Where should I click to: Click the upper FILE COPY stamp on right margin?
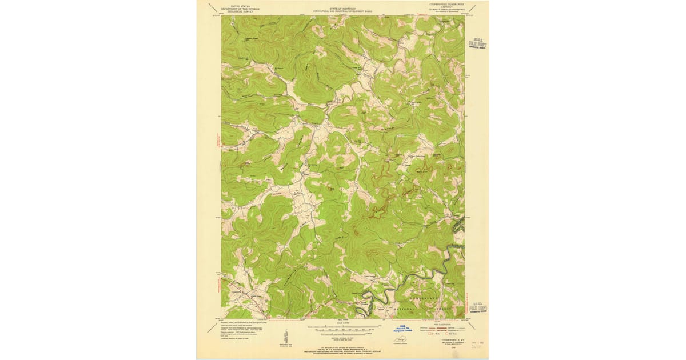[x=477, y=45]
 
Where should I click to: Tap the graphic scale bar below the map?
[x=342, y=329]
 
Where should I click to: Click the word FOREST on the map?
[x=447, y=309]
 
